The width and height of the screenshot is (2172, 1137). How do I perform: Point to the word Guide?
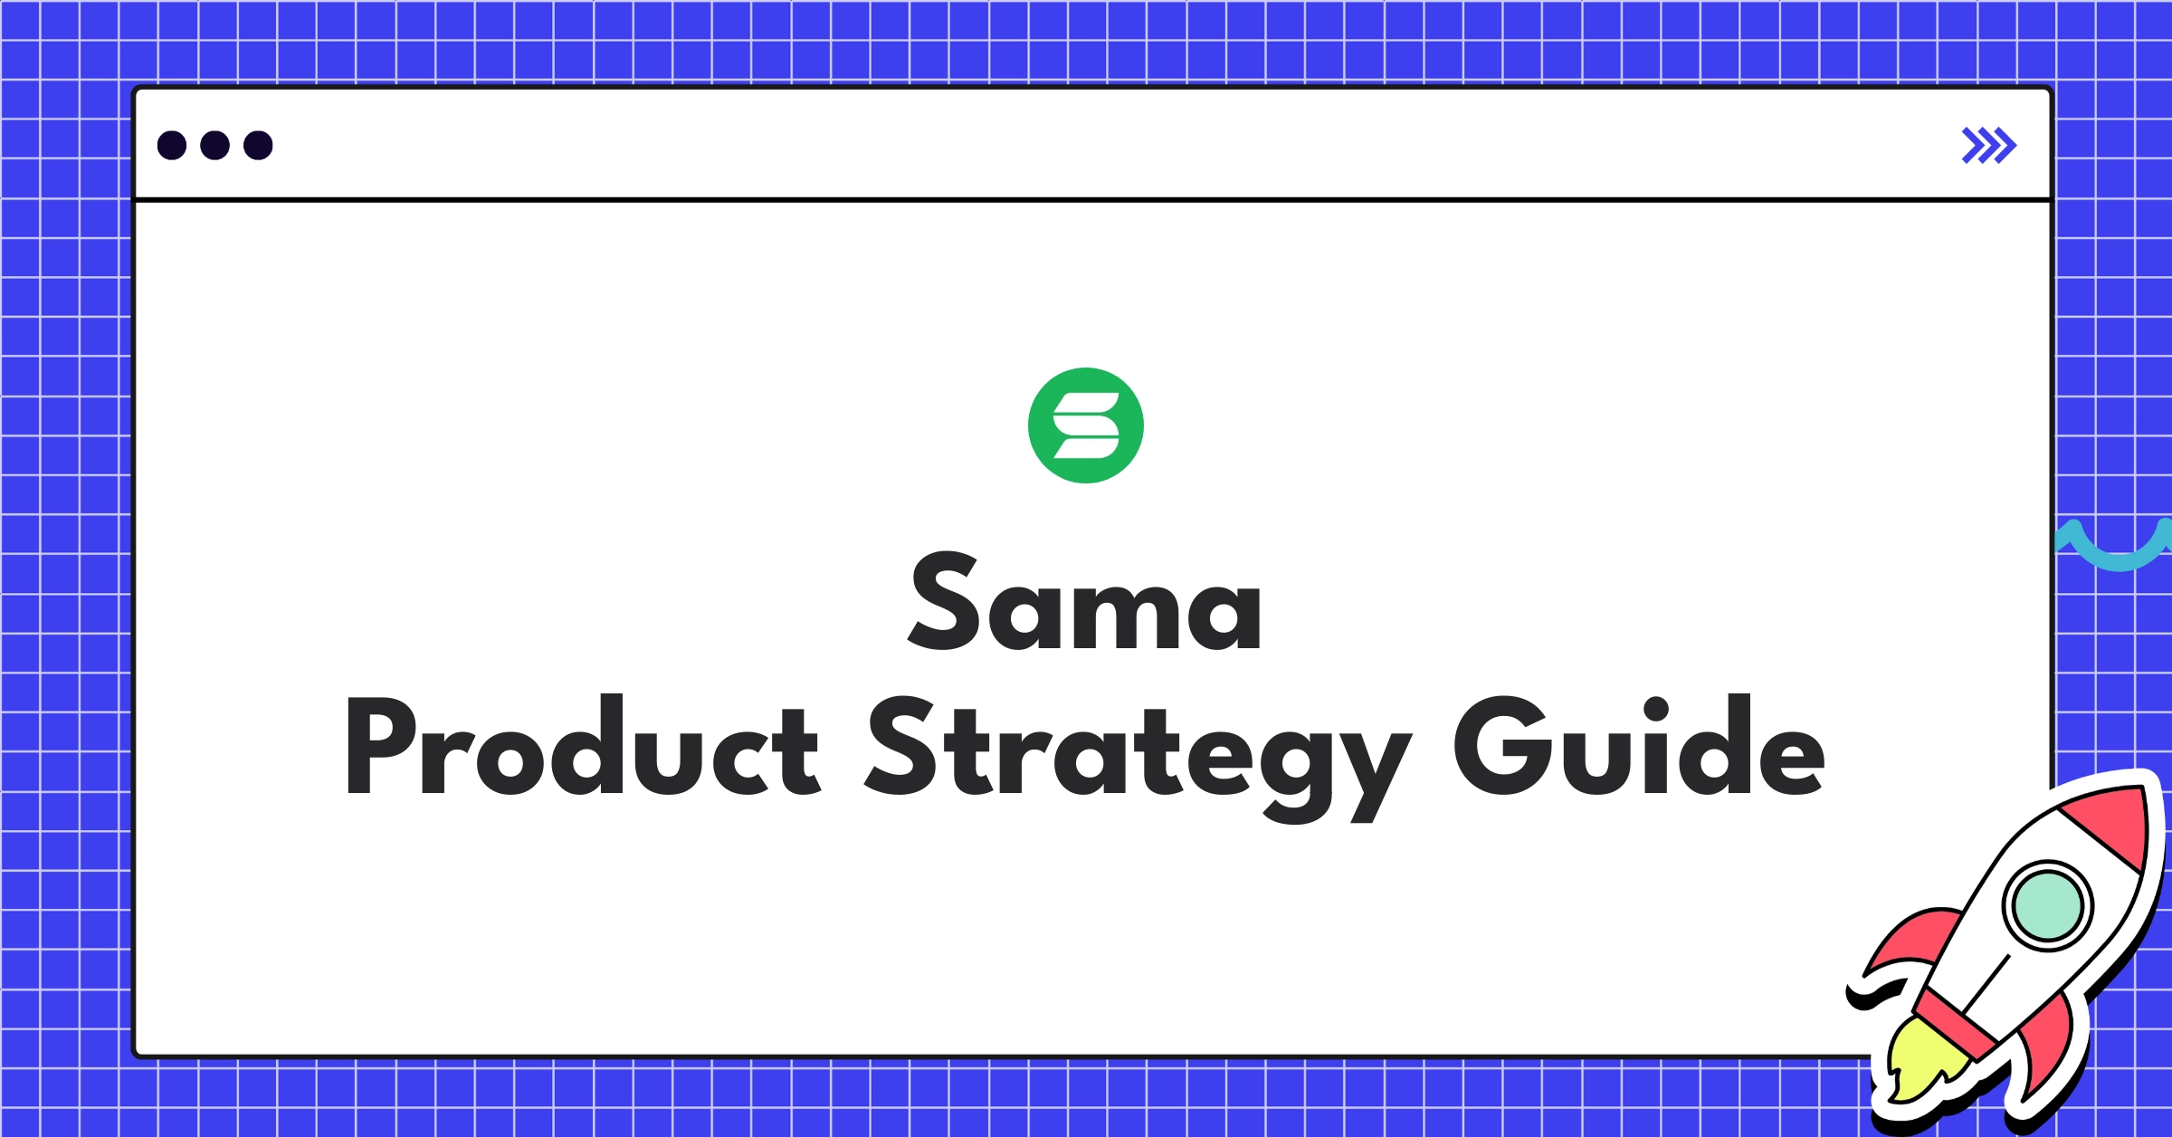pyautogui.click(x=1638, y=748)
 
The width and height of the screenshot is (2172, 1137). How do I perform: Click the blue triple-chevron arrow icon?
pyautogui.click(x=1988, y=146)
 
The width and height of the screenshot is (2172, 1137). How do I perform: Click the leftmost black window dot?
pyautogui.click(x=172, y=146)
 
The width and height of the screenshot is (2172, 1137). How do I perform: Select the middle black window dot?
pyautogui.click(x=214, y=146)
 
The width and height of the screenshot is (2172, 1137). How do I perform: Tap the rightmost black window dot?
pyautogui.click(x=258, y=146)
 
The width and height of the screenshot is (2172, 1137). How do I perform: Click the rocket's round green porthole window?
pyautogui.click(x=2047, y=905)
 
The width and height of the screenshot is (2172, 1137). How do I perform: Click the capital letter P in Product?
pyautogui.click(x=380, y=746)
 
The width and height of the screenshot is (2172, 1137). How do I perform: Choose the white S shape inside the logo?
pyautogui.click(x=1086, y=425)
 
